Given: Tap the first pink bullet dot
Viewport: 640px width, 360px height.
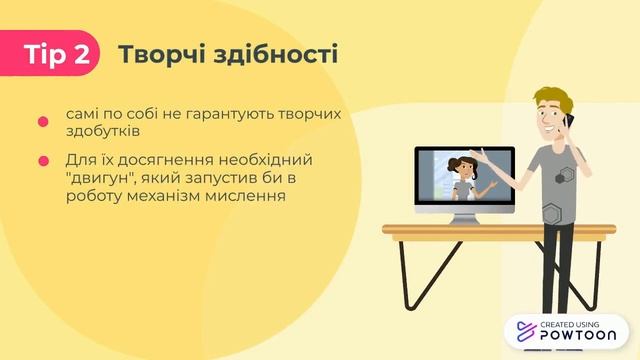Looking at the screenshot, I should [x=43, y=122].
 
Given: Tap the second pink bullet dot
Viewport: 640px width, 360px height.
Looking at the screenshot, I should [x=43, y=160].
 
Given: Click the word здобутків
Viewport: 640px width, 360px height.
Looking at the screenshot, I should [x=106, y=131].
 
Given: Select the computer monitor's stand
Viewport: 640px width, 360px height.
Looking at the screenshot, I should [x=465, y=217].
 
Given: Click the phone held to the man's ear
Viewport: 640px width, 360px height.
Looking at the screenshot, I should [x=567, y=126].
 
